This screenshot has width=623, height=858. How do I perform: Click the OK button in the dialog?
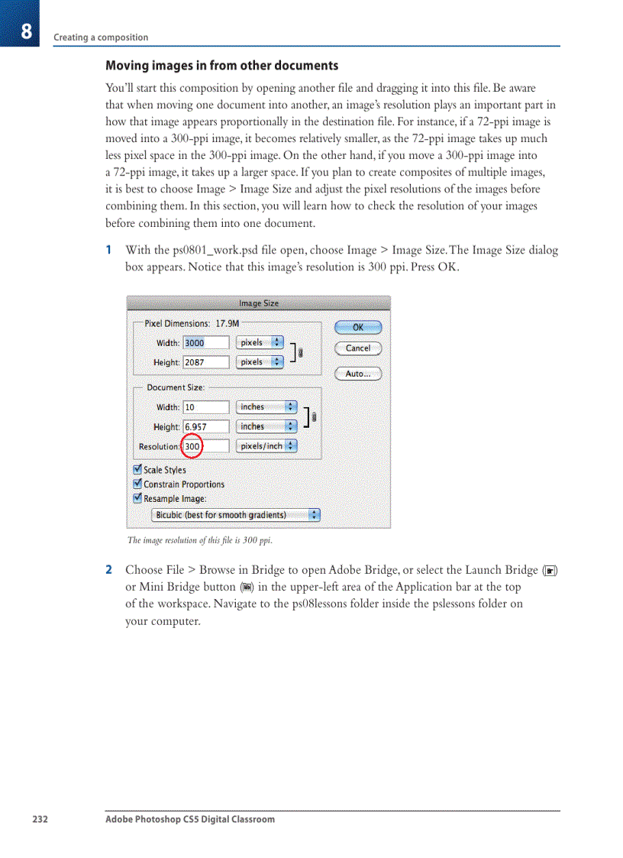click(x=357, y=328)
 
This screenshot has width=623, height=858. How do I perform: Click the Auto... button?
click(x=357, y=374)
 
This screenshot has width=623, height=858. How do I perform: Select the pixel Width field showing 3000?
click(x=205, y=343)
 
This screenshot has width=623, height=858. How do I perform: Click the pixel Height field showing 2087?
click(x=205, y=362)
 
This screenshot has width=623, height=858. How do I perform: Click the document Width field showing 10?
click(x=205, y=407)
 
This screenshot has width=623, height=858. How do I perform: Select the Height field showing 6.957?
click(x=205, y=427)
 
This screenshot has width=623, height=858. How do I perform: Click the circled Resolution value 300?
click(x=192, y=446)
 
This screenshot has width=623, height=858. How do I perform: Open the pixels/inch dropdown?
click(x=266, y=446)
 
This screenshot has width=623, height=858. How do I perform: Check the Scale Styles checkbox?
click(x=137, y=470)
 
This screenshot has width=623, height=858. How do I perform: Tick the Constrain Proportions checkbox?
click(x=137, y=484)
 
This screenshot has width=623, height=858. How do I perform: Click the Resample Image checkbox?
click(x=137, y=498)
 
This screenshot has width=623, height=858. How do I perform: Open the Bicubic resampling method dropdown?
click(x=236, y=515)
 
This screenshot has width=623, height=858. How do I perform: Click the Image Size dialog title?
click(x=259, y=303)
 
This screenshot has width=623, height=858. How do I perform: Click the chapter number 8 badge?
click(x=25, y=31)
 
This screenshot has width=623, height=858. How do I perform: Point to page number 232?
click(x=40, y=819)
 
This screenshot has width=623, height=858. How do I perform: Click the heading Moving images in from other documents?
click(x=221, y=66)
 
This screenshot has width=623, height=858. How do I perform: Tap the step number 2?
click(x=108, y=570)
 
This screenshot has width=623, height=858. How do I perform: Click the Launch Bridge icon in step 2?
click(x=550, y=571)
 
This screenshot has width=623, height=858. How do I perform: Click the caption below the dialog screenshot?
click(x=199, y=541)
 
